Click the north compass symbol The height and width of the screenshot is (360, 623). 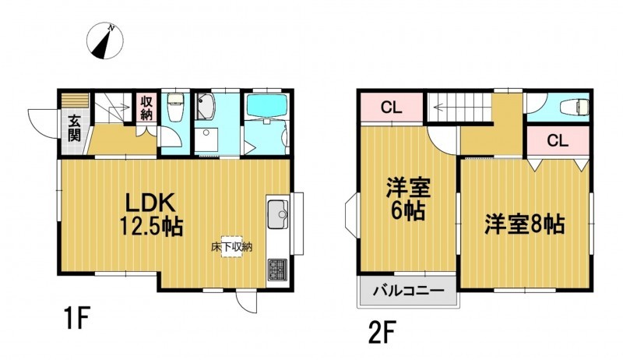click(x=105, y=41)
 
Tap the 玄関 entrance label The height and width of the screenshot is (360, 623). click(x=74, y=128)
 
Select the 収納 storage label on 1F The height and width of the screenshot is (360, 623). click(x=146, y=108)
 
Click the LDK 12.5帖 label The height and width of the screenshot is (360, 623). click(x=150, y=214)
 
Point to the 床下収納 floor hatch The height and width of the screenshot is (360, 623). click(x=231, y=247)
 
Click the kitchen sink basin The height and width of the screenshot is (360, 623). click(x=278, y=214)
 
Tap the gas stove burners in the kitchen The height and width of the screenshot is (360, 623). click(x=277, y=270)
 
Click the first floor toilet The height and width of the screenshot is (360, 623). click(x=174, y=107)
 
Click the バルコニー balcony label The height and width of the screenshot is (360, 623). click(x=408, y=291)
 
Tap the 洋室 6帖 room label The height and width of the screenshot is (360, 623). click(x=408, y=199)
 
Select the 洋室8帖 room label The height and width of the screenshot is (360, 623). click(x=524, y=224)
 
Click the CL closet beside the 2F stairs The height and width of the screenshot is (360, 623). click(x=392, y=108)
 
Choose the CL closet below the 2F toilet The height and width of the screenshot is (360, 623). click(x=558, y=140)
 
